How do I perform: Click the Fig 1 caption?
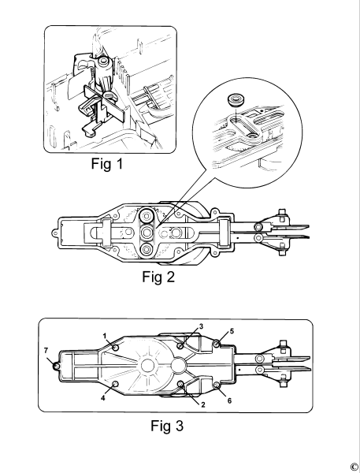point(107,164)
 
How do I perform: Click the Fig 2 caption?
point(158,277)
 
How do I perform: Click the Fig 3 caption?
point(167,426)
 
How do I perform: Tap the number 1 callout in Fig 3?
point(105,336)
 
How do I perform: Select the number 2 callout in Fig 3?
point(203,405)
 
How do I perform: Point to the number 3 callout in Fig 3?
point(201,326)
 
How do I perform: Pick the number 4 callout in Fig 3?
point(103,398)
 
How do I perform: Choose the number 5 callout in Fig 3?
point(232,331)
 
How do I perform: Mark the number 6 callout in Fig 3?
point(229,400)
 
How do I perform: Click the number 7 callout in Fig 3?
point(46,351)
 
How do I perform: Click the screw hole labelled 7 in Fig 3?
point(56,367)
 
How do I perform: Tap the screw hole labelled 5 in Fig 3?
point(217,344)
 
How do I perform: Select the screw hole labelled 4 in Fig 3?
point(115,384)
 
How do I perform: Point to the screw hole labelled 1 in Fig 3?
point(115,348)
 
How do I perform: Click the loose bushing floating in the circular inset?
point(236,100)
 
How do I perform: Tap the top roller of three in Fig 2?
point(147,216)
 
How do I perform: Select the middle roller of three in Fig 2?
point(147,233)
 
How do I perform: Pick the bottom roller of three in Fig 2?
point(147,249)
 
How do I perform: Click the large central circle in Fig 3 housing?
point(150,366)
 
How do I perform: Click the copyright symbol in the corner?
point(354,467)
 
